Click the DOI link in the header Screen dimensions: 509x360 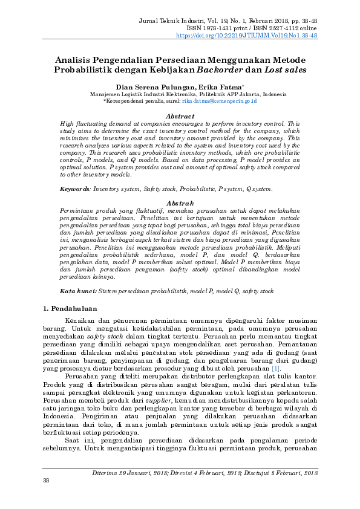[246, 36]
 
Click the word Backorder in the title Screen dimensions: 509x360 [221, 70]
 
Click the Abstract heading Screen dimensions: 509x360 [180, 115]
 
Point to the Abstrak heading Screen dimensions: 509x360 [180, 203]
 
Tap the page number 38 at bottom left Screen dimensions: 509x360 [45, 497]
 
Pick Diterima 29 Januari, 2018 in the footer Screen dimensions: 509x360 [136, 489]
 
